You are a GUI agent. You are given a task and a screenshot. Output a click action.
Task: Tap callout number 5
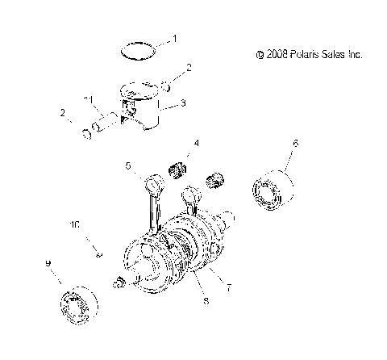(127, 166)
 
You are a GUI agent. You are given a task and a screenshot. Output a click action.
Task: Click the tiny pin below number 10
(98, 255)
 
